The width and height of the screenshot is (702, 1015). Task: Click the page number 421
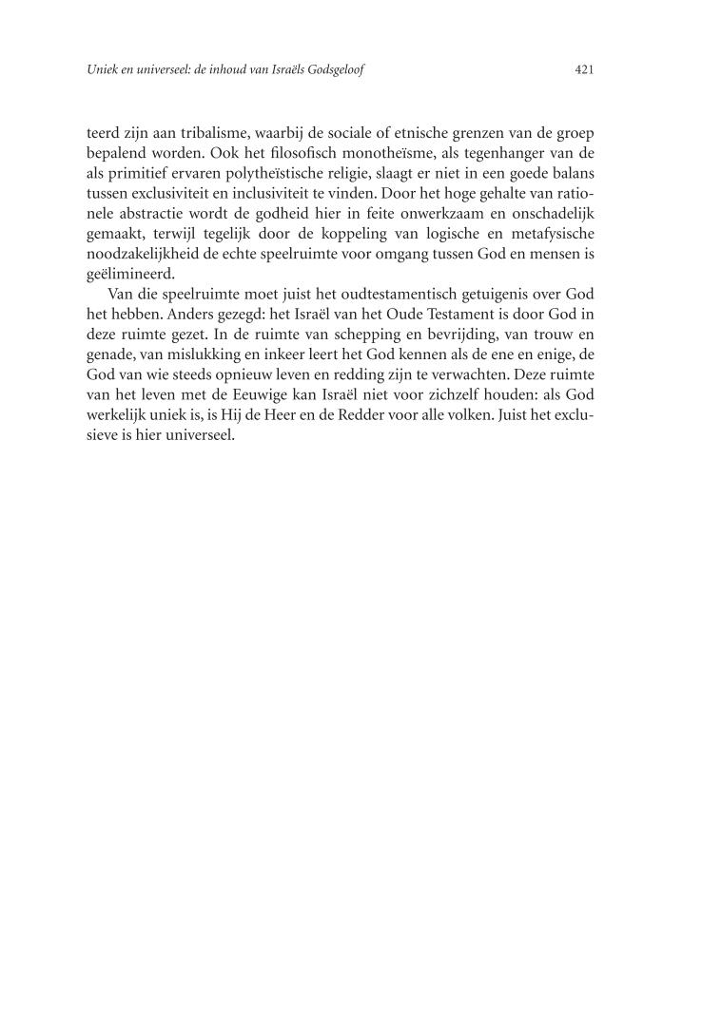point(585,69)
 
